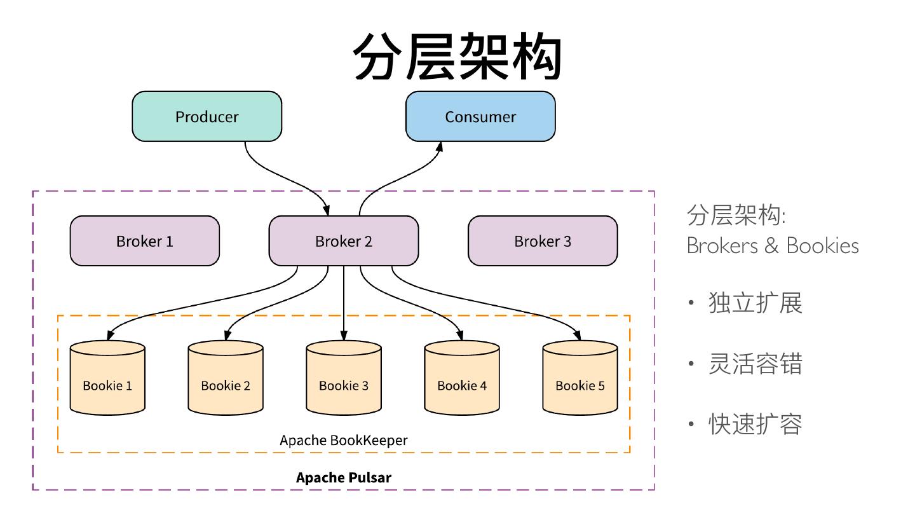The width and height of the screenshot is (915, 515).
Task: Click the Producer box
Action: point(207,116)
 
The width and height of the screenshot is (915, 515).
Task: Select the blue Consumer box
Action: point(480,116)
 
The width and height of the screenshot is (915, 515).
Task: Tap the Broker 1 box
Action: point(144,241)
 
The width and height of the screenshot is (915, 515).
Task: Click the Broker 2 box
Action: point(343,241)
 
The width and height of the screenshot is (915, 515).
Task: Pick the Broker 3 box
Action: point(543,241)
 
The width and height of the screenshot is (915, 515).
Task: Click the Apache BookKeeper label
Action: point(344,440)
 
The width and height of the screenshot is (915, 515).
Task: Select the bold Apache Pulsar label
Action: point(344,477)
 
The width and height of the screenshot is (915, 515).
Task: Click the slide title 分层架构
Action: point(457,57)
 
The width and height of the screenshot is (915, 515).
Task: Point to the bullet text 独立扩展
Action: point(755,303)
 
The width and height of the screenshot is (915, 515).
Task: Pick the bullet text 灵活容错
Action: point(755,364)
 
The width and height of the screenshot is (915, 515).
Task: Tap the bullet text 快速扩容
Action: point(755,424)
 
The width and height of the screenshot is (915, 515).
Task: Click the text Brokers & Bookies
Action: point(773,245)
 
